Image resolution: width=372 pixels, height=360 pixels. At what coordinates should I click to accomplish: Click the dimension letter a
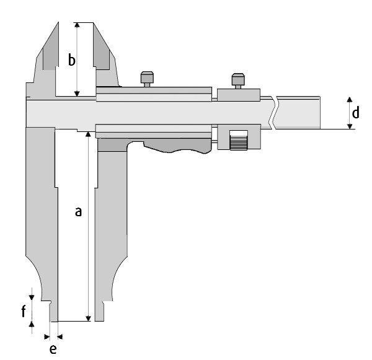pyautogui.click(x=78, y=211)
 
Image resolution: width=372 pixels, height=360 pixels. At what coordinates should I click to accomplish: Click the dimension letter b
pyautogui.click(x=72, y=59)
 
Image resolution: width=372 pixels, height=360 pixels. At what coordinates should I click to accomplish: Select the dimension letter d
pyautogui.click(x=355, y=112)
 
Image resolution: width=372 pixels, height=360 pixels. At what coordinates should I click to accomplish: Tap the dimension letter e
pyautogui.click(x=53, y=349)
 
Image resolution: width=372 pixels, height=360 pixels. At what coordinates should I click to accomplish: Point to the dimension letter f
pyautogui.click(x=24, y=311)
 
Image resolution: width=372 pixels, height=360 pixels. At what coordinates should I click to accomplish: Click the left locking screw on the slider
pyautogui.click(x=147, y=79)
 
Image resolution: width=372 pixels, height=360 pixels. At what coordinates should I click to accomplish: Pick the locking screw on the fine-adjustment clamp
pyautogui.click(x=238, y=81)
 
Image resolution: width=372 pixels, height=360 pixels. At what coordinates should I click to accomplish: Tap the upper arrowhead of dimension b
pyautogui.click(x=77, y=25)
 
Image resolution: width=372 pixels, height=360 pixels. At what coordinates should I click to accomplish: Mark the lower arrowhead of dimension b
pyautogui.click(x=77, y=94)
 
